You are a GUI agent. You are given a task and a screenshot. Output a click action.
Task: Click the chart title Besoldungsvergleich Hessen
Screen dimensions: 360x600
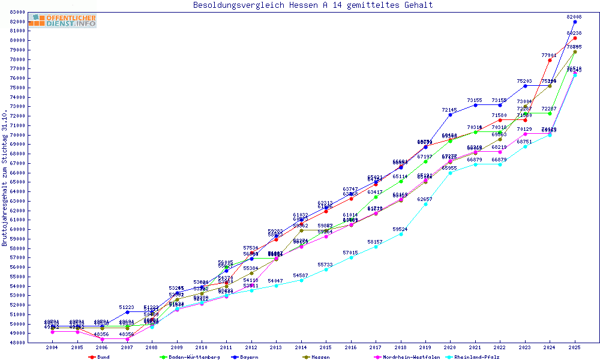point(313,5)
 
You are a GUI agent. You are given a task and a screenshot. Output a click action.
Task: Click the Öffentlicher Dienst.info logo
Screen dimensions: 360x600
point(62,20)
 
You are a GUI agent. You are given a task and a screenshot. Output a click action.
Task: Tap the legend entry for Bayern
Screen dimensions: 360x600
point(249,357)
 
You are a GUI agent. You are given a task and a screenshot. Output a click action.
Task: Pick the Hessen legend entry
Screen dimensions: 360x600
point(320,357)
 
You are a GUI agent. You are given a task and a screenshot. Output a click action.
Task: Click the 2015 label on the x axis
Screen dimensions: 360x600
point(326,347)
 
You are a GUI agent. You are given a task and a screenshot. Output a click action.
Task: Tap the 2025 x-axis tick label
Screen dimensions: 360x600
point(575,347)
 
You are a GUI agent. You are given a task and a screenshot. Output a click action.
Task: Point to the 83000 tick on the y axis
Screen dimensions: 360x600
point(17,12)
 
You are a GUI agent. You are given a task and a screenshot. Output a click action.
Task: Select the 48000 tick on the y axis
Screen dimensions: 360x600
point(17,343)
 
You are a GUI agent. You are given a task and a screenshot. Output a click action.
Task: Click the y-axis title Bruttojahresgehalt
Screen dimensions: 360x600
point(5,178)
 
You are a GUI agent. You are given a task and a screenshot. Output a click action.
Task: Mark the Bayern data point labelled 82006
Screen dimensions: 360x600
point(575,22)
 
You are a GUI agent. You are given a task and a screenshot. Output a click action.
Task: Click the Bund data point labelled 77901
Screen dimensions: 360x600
point(550,60)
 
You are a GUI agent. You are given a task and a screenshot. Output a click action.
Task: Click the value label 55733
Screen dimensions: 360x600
point(325,265)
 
